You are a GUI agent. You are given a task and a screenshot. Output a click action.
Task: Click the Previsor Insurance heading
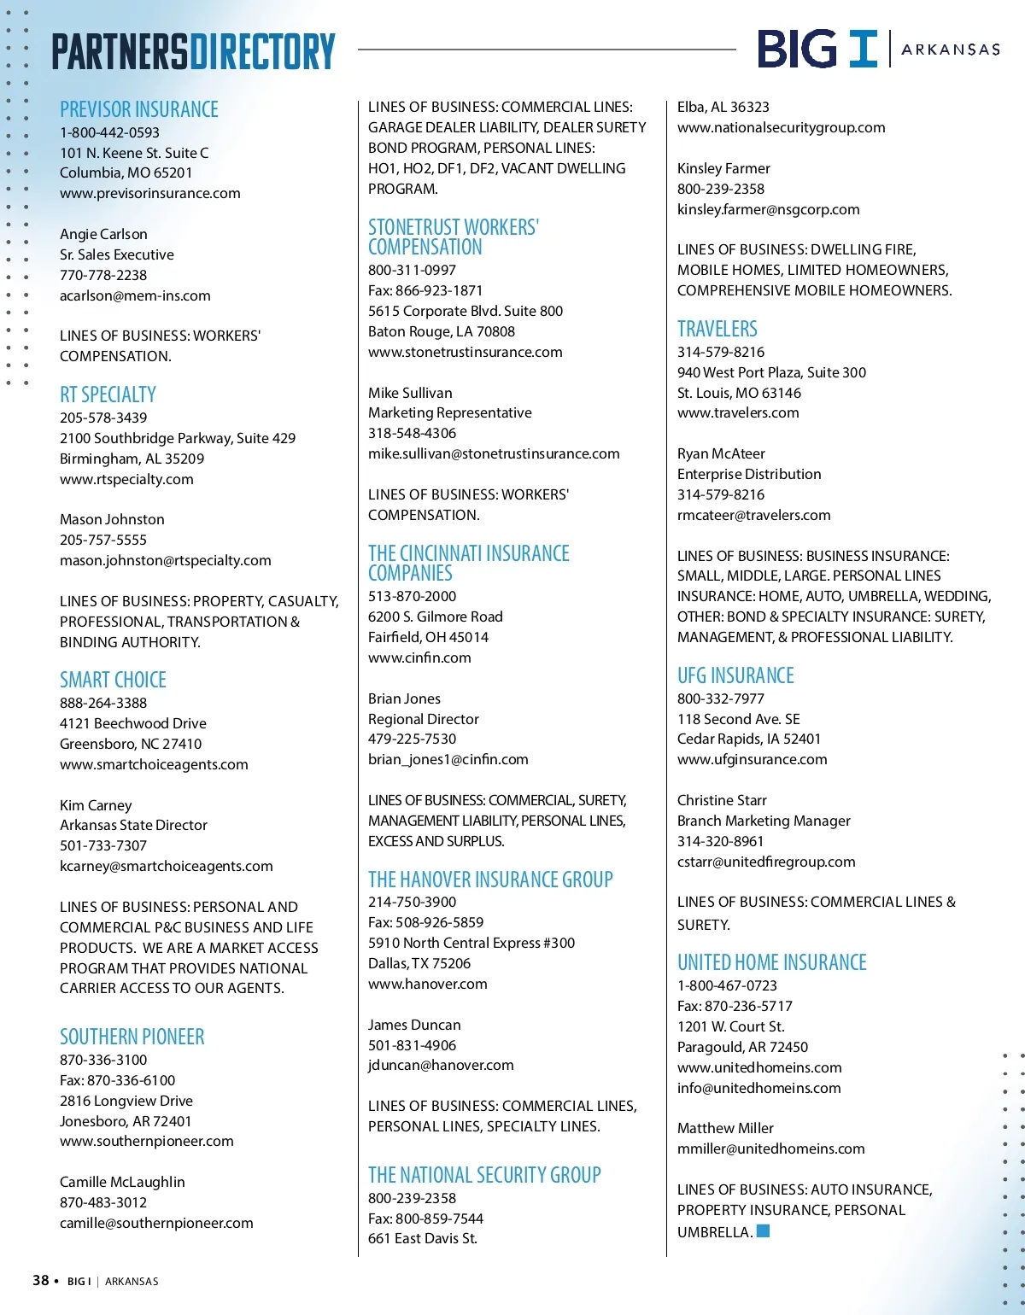tap(139, 109)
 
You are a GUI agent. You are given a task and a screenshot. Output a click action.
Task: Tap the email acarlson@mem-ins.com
tap(135, 295)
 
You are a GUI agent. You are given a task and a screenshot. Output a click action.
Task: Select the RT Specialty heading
tap(108, 394)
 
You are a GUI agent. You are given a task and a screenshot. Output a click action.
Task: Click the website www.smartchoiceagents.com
tap(154, 764)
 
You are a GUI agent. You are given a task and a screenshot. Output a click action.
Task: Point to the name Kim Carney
tap(96, 805)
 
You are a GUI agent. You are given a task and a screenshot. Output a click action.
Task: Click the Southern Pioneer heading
tap(132, 1037)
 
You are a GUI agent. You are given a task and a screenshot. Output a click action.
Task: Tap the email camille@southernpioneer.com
tap(156, 1223)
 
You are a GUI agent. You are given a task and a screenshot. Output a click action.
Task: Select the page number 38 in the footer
tap(40, 1280)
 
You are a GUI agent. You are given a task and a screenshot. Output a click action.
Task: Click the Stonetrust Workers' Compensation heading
tap(453, 237)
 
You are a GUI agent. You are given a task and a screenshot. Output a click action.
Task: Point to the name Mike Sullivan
tap(410, 393)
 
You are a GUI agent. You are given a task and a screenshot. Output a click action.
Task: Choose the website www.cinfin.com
tap(419, 657)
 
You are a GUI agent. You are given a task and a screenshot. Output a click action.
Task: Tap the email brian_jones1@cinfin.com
tap(448, 759)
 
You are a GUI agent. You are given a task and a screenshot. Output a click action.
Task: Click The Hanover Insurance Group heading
tap(490, 880)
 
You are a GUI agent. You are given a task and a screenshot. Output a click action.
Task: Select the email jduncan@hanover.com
tap(441, 1065)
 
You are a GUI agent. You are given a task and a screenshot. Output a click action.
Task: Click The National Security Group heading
tap(484, 1175)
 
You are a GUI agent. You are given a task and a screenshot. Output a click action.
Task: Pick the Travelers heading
tap(717, 329)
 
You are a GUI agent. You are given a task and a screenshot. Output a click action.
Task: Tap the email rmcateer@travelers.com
tap(753, 515)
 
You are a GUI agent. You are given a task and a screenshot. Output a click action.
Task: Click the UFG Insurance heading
tap(735, 675)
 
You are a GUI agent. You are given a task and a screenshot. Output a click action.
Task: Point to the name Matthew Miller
tap(725, 1128)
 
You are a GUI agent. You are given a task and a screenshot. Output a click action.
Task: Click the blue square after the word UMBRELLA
tap(764, 1230)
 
